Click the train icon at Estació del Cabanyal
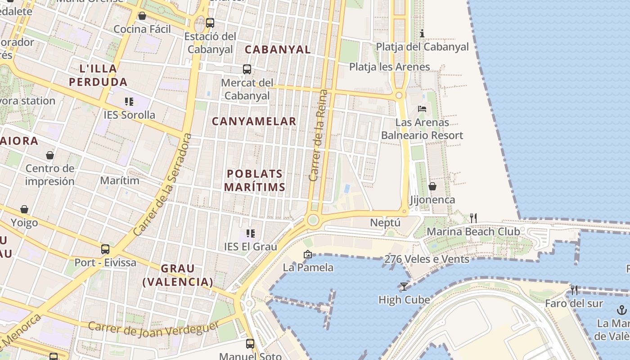coord(210,22)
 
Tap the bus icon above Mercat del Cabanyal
coord(247,69)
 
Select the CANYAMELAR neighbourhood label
coord(254,121)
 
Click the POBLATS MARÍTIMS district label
coord(255,180)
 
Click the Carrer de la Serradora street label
coord(163,184)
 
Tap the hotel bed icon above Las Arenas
coord(422,109)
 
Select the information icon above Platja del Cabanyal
coord(422,33)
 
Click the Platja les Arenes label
coord(390,67)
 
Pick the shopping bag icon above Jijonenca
coord(432,186)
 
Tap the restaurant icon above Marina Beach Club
coord(473,218)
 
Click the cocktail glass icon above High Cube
coord(404,286)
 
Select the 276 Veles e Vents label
coord(427,259)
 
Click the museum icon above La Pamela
coord(308,254)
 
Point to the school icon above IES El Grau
coord(251,233)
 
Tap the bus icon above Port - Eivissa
coord(105,249)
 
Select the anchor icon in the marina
coord(621,310)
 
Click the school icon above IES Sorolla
coord(129,102)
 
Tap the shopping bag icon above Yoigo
coord(24,209)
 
